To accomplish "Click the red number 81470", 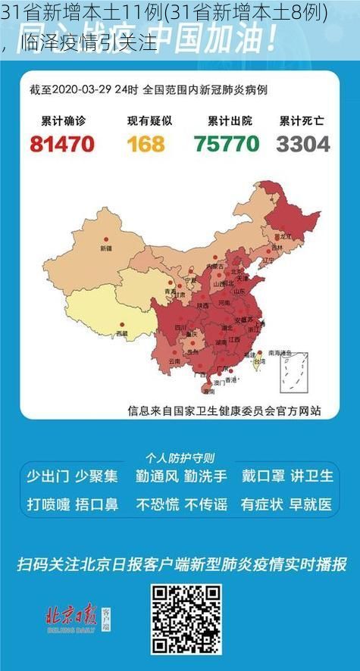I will pos(62,142).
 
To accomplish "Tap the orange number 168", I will pos(146,142).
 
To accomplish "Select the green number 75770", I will pos(225,142).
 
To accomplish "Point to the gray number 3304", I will pos(302,142).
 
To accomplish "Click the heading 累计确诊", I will pos(62,120).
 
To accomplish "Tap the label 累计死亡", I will pos(302,120).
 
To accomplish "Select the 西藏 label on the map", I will pos(121,332).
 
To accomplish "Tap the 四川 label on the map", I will pos(181,327).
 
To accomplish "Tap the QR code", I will pos(186,619).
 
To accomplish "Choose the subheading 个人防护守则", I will pos(180,457).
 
